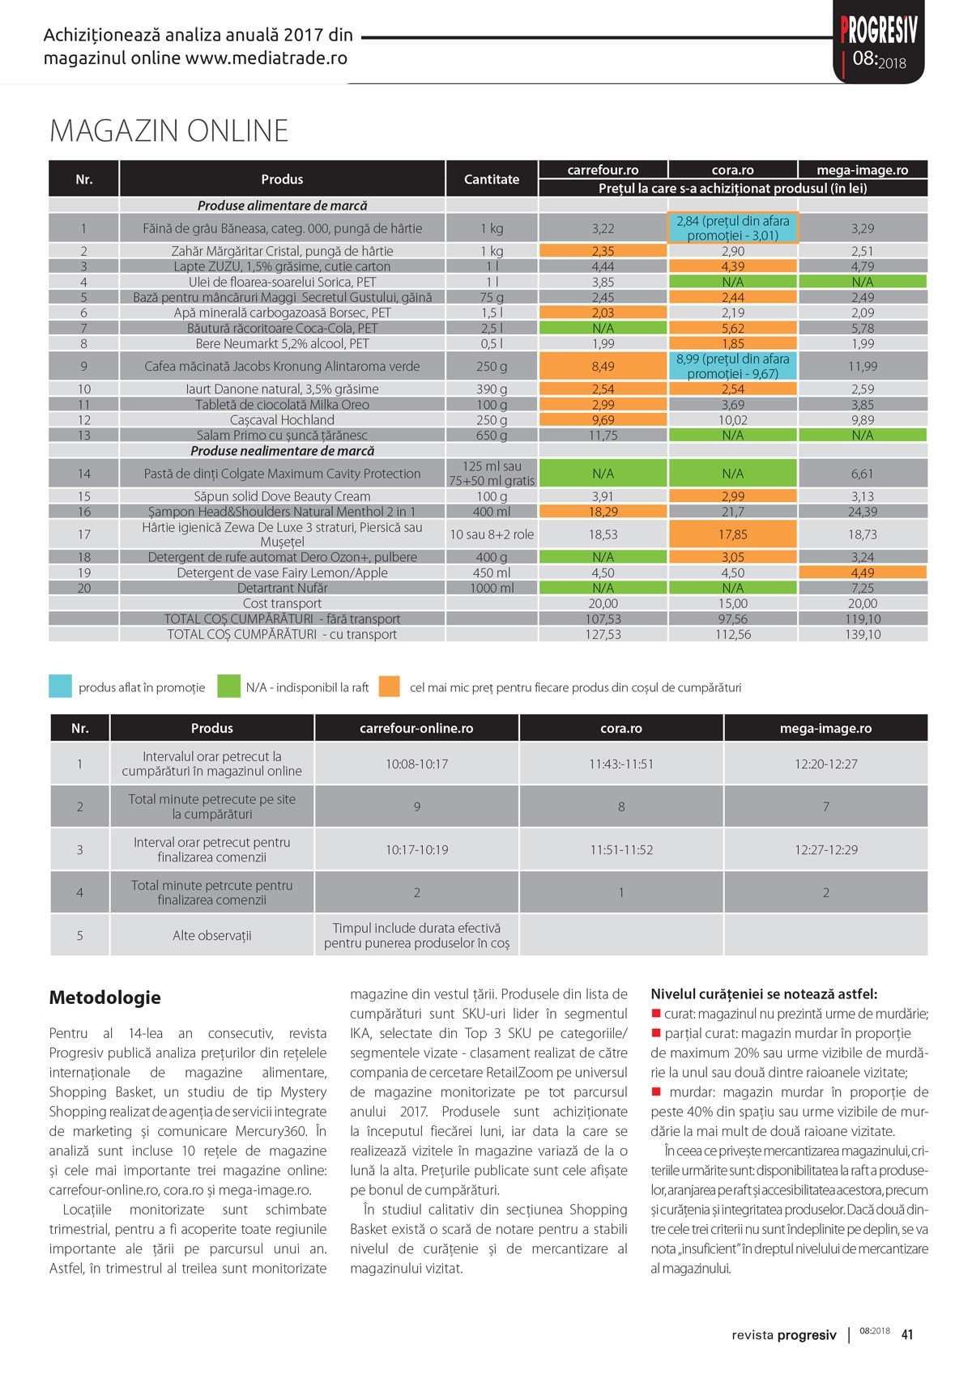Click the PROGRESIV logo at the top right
pos(879,32)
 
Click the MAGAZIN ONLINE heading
pos(168,131)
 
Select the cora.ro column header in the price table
pos(733,170)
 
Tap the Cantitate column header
pos(492,179)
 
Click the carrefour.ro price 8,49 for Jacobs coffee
pos(603,366)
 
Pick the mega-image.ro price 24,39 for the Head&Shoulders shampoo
pos(863,512)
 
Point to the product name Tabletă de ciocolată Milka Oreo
pos(282,405)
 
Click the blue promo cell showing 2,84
pos(733,228)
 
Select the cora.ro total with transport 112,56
pos(733,634)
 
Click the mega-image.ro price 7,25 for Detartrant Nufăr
pos(863,588)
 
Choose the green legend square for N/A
pos(228,687)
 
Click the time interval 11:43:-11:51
pos(621,764)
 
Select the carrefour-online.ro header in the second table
pos(416,728)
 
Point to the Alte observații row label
pos(212,935)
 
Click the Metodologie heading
pos(105,998)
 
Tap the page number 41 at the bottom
pos(907,1334)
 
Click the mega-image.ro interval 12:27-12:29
pos(825,849)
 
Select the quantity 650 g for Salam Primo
pos(492,436)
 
